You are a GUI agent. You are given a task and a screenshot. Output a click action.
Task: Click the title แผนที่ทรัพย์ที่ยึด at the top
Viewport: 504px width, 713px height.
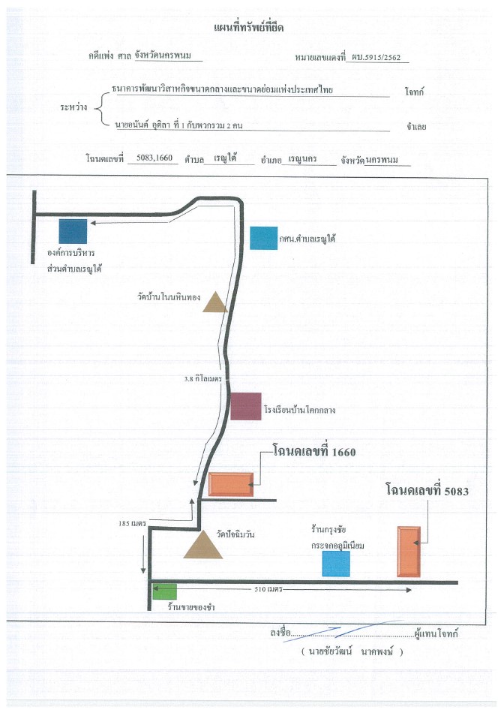pyautogui.click(x=248, y=28)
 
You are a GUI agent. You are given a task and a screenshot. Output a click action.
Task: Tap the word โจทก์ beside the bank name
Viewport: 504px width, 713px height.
pyautogui.click(x=414, y=92)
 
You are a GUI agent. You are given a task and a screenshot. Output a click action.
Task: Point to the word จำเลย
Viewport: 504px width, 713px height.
pyautogui.click(x=416, y=127)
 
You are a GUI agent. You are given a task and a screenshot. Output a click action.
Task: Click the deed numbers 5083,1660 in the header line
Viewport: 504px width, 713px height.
pyautogui.click(x=154, y=158)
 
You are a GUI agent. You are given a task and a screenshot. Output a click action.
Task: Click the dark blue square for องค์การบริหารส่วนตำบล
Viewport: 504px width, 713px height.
pyautogui.click(x=73, y=231)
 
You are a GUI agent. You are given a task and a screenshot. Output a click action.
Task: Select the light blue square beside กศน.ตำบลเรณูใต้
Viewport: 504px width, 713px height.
pyautogui.click(x=263, y=238)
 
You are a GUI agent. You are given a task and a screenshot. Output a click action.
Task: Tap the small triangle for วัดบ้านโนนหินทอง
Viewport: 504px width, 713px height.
pyautogui.click(x=214, y=302)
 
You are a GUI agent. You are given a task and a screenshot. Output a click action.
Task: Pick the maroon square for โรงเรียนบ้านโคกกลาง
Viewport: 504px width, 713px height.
pyautogui.click(x=246, y=406)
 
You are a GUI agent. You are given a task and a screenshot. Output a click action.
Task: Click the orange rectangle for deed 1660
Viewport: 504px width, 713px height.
pyautogui.click(x=231, y=484)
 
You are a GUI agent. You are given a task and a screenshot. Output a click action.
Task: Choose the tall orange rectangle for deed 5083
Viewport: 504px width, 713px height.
pyautogui.click(x=409, y=552)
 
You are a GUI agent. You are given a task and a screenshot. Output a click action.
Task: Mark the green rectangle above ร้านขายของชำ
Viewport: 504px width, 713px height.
pyautogui.click(x=164, y=591)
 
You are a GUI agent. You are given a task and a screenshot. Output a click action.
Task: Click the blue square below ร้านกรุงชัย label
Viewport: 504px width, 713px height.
pyautogui.click(x=336, y=564)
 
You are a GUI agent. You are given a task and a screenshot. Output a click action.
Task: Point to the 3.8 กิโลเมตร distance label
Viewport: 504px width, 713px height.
pyautogui.click(x=202, y=378)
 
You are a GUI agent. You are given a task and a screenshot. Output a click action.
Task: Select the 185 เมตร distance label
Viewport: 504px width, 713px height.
pyautogui.click(x=132, y=523)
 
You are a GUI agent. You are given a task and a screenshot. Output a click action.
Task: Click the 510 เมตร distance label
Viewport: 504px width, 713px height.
pyautogui.click(x=268, y=589)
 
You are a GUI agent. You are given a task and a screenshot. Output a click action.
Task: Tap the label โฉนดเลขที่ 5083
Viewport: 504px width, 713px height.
pyautogui.click(x=427, y=490)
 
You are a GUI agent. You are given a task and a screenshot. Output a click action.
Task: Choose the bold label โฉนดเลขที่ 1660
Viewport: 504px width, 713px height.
pyautogui.click(x=314, y=451)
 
